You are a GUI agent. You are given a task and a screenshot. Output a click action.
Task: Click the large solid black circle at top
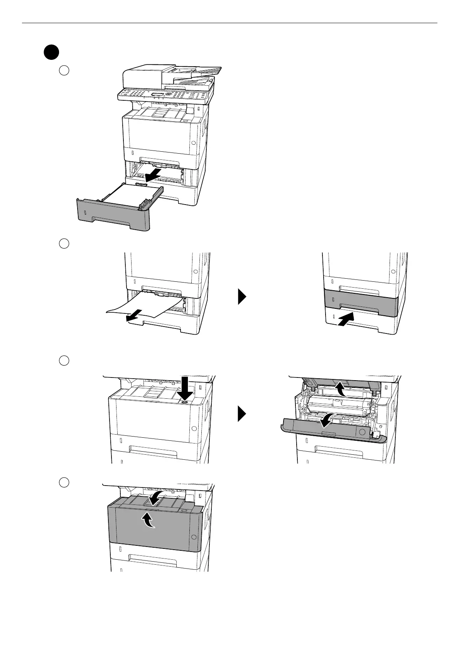[x=51, y=52]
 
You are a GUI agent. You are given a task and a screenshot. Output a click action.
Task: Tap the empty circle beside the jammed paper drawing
[x=64, y=244]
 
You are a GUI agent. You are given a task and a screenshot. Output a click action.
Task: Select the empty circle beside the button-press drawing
[x=64, y=361]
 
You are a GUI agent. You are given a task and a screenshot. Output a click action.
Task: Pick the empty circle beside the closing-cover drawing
[x=64, y=482]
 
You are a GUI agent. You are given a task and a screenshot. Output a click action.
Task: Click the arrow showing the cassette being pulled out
[x=151, y=173]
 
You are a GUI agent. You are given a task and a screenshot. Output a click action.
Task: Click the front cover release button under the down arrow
[x=184, y=402]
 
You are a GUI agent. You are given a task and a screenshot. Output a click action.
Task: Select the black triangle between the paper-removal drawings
[x=241, y=297]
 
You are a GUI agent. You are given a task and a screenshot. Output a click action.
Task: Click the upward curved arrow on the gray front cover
[x=148, y=520]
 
